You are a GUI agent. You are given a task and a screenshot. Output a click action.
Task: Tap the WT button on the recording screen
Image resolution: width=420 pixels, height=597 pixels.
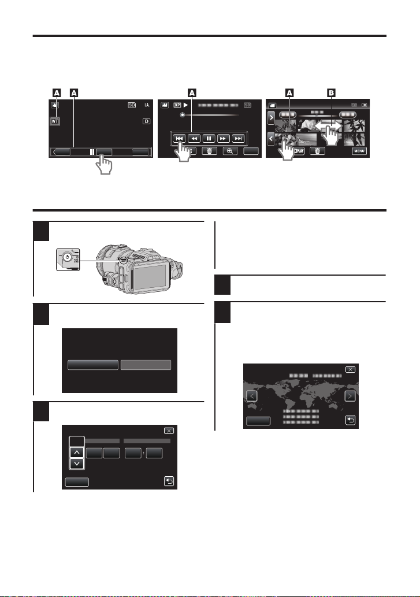(55, 123)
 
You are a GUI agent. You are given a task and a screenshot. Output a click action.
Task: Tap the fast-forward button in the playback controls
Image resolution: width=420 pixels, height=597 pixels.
(221, 139)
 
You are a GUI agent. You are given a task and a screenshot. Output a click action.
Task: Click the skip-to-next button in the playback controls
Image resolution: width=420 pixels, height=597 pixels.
(237, 139)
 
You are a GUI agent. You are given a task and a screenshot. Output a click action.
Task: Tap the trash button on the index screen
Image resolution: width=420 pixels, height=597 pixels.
(318, 151)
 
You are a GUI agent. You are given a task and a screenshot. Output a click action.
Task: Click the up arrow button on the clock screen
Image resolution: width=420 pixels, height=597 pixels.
(76, 452)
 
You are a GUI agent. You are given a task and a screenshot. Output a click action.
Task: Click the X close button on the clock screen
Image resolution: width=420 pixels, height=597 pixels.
(169, 431)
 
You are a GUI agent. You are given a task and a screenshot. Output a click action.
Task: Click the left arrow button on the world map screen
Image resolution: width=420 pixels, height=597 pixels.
(251, 396)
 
